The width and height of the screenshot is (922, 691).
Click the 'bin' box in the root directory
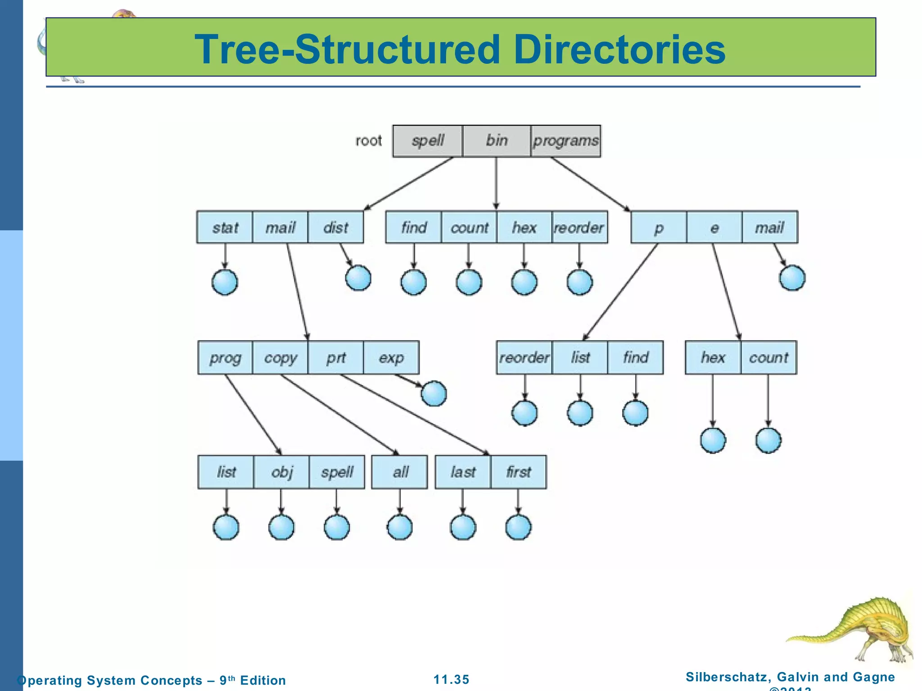[496, 141]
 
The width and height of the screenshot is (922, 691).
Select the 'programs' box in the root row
[565, 141]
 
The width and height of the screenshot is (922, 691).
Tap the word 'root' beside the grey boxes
[368, 141]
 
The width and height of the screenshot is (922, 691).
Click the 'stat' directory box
[225, 227]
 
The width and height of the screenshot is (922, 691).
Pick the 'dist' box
[335, 227]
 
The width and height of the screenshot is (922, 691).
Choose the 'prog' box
[225, 358]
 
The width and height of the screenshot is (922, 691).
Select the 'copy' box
[280, 358]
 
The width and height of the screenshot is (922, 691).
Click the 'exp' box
[391, 358]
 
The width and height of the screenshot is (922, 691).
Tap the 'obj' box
[282, 472]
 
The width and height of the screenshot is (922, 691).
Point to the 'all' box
[400, 472]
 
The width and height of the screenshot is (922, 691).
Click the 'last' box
[463, 472]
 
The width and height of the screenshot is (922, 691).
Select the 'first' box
[519, 472]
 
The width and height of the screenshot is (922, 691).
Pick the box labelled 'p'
[659, 227]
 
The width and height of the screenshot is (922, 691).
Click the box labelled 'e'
[714, 227]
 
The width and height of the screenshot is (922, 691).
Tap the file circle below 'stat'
[225, 283]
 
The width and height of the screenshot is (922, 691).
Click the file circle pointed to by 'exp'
[434, 394]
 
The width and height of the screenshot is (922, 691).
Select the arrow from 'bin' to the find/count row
[496, 182]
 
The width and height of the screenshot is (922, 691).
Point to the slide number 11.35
[451, 679]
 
